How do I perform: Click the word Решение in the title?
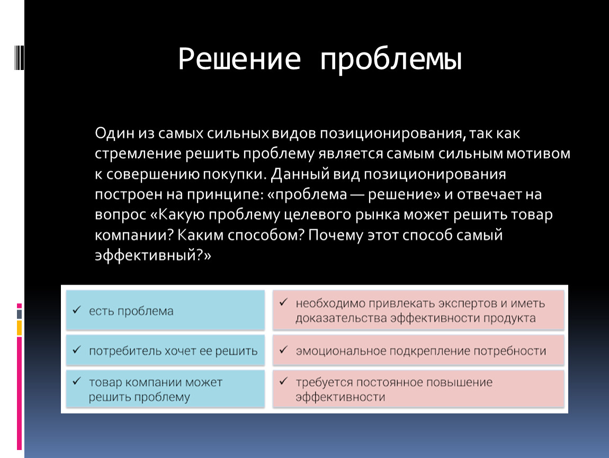pos(240,59)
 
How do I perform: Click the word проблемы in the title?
pos(391,61)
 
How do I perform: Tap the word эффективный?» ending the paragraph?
pos(153,255)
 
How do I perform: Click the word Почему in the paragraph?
pos(335,235)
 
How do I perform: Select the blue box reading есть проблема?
pos(165,310)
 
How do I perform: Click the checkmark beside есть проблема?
pos(76,310)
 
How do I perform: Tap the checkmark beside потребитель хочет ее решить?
pos(76,349)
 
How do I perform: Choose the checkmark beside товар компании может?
pos(76,381)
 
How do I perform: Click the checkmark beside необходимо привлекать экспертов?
pos(283,302)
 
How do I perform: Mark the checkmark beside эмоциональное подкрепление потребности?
pos(283,349)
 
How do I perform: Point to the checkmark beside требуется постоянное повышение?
pos(283,381)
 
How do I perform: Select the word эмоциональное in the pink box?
pos(341,351)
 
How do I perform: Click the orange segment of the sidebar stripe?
pos(19,328)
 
